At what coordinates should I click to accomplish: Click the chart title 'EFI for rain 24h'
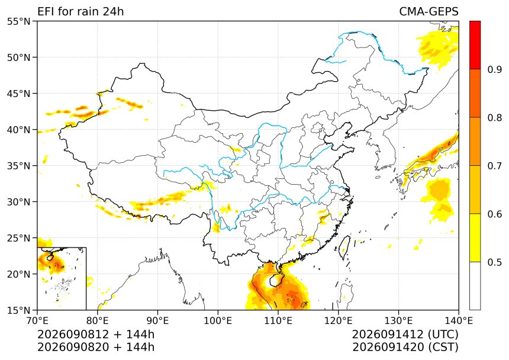[80, 12]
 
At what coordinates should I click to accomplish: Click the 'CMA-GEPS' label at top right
[429, 12]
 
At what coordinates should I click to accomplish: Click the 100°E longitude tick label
[218, 321]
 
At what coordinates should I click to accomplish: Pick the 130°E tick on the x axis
[399, 321]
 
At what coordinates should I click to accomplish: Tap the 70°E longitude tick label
[37, 321]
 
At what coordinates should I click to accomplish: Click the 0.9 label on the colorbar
[494, 69]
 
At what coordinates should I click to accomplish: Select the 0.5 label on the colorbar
[494, 262]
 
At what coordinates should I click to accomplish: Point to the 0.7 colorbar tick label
[494, 166]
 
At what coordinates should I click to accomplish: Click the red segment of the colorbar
[475, 45]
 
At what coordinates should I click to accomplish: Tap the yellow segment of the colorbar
[475, 237]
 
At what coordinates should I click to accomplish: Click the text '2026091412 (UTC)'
[405, 335]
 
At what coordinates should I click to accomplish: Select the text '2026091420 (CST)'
[405, 347]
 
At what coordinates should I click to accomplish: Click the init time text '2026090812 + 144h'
[96, 335]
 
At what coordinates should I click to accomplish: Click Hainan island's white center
[272, 281]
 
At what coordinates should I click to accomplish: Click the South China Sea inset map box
[62, 278]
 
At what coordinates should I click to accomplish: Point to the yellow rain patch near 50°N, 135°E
[438, 48]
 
